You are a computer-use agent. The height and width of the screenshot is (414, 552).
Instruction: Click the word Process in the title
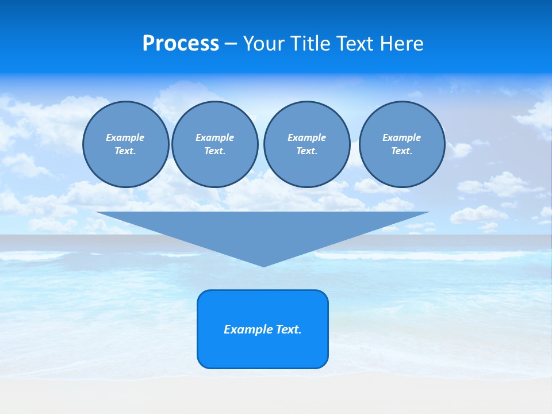point(181,44)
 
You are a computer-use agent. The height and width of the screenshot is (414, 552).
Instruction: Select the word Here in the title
point(402,44)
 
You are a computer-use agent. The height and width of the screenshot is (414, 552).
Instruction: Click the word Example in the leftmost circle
point(125,137)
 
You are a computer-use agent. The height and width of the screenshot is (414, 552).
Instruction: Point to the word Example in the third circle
point(306,137)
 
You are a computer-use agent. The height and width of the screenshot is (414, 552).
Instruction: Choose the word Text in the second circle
point(214,151)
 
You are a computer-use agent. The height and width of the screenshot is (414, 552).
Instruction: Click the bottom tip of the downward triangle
point(263,265)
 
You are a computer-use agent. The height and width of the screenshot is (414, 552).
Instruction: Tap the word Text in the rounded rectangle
point(289,329)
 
